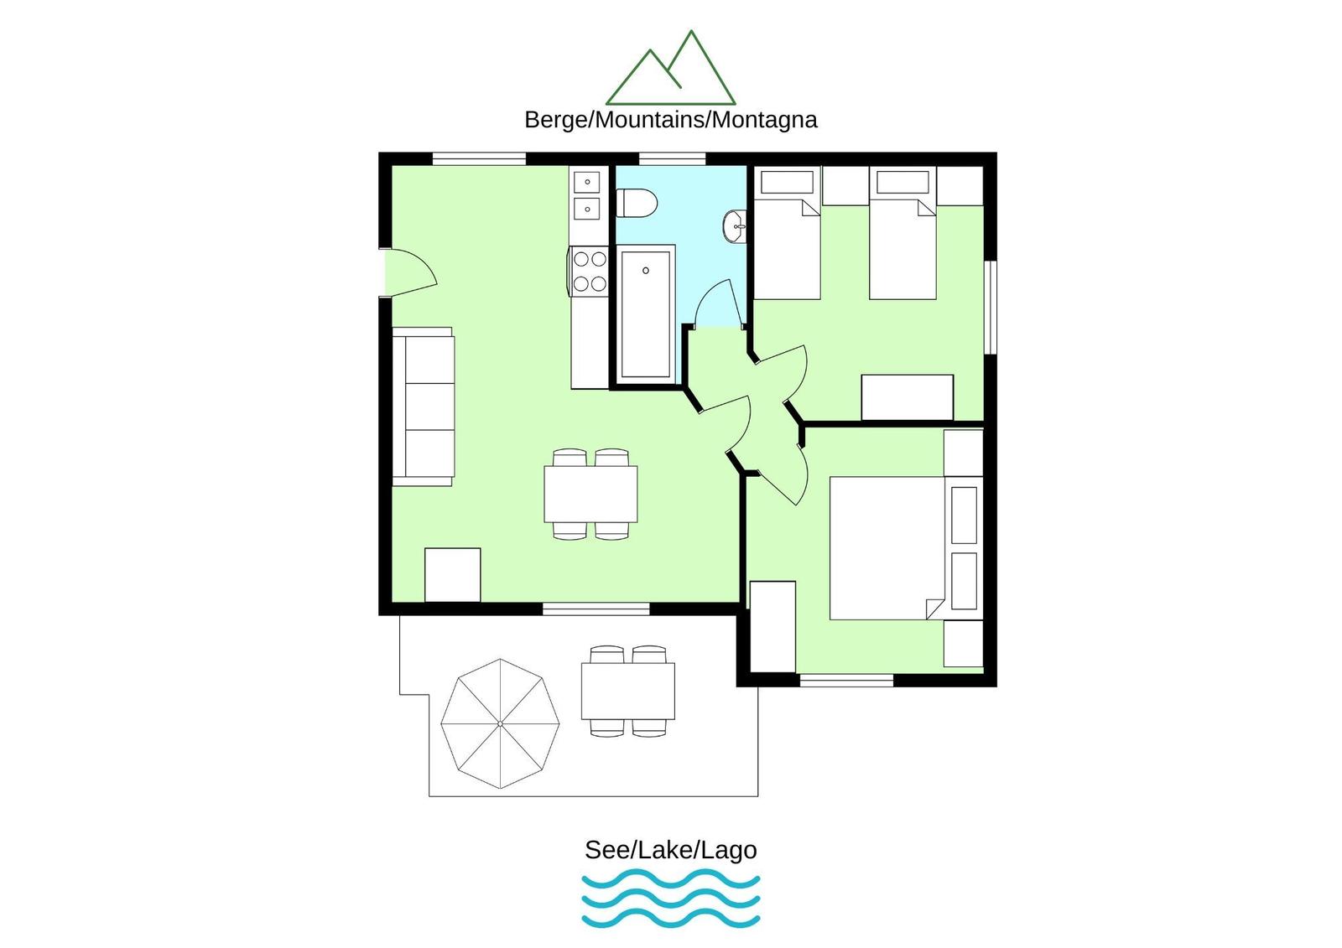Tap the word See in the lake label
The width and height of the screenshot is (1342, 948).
(607, 851)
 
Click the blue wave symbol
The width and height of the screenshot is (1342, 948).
(671, 899)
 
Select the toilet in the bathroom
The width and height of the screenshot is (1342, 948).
(637, 204)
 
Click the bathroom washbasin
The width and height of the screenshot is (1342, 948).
(735, 226)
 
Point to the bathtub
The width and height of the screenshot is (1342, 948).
(645, 314)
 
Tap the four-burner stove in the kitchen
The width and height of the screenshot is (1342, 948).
(588, 272)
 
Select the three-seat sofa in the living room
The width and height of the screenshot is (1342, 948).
(423, 407)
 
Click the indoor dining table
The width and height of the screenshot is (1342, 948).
(590, 494)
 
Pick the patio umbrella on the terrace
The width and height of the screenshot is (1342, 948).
(500, 724)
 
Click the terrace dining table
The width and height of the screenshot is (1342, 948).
(628, 691)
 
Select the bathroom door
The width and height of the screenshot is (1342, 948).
(719, 304)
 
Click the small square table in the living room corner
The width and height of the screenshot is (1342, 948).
(452, 575)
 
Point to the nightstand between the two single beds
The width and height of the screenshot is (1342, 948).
(845, 185)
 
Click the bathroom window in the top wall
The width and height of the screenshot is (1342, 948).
(672, 158)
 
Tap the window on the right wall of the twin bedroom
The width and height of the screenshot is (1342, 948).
(991, 308)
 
